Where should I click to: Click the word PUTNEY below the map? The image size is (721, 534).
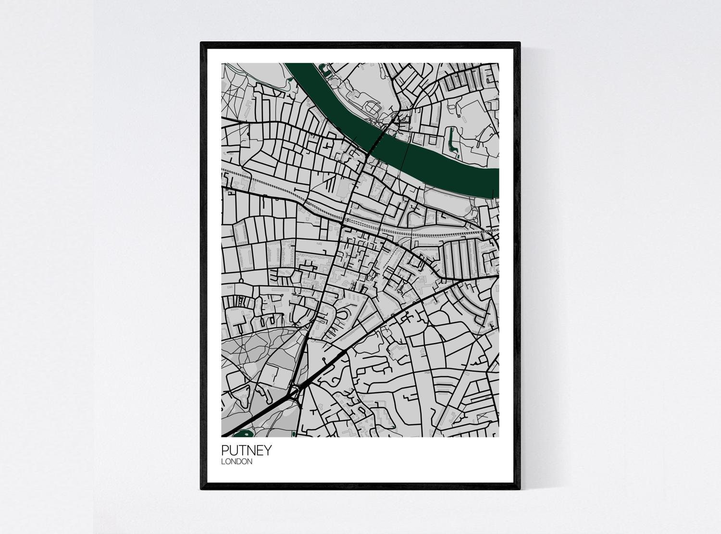coord(246,450)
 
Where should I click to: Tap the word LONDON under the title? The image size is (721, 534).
coord(236,462)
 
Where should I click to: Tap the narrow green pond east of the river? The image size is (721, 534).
coord(451,139)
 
